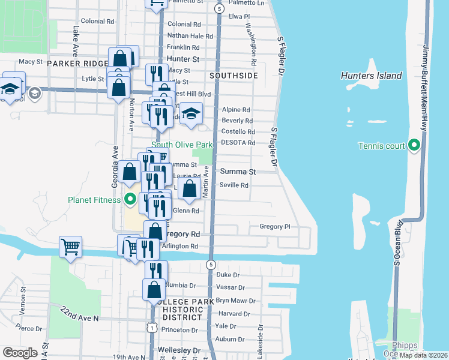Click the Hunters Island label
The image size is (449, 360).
point(371,76)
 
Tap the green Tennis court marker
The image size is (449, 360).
point(414,146)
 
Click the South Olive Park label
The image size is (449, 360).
point(182,145)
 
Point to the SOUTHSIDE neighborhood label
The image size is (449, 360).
point(234,76)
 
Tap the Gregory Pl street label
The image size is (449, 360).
point(274,227)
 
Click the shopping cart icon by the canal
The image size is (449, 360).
point(71,246)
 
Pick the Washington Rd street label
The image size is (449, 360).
point(253,46)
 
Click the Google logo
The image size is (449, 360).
point(20,353)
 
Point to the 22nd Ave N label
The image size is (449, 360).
point(79,313)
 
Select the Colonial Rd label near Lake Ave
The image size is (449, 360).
point(97,21)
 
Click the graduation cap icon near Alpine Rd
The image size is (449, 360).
point(190,114)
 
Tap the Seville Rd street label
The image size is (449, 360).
point(234,185)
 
